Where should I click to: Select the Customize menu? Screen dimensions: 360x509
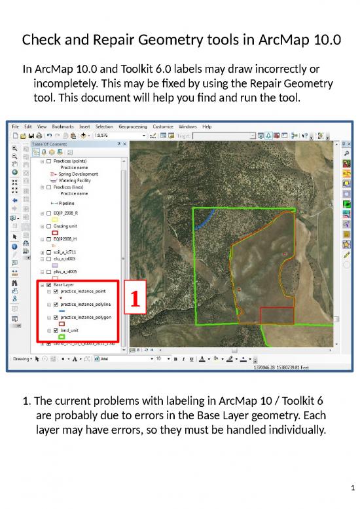click(163, 126)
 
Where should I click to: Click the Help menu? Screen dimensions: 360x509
click(207, 126)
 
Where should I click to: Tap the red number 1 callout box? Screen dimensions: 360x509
click(134, 299)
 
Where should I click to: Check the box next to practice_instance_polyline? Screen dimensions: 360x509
click(56, 305)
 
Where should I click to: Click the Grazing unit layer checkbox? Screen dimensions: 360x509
click(49, 226)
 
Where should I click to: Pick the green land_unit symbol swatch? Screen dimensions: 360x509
click(62, 337)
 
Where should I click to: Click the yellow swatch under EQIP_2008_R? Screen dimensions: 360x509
click(55, 219)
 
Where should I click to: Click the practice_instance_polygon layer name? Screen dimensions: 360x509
click(86, 317)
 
